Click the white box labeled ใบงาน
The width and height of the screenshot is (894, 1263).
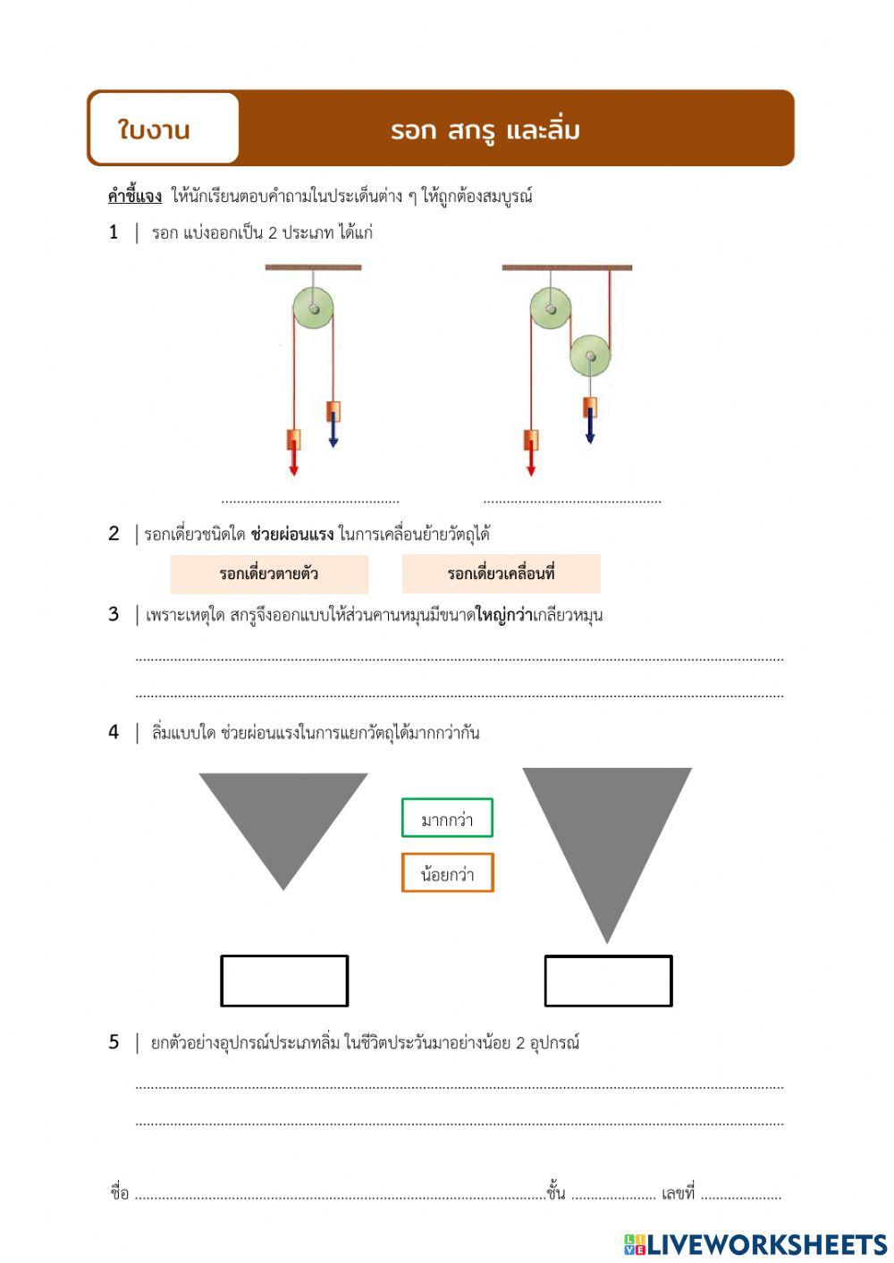pyautogui.click(x=164, y=129)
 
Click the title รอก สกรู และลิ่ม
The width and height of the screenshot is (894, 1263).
pyautogui.click(x=485, y=131)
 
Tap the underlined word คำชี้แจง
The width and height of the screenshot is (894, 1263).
pyautogui.click(x=134, y=196)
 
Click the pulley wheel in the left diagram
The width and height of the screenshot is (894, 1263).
pyautogui.click(x=314, y=309)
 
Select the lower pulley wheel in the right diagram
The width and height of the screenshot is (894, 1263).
pyautogui.click(x=590, y=356)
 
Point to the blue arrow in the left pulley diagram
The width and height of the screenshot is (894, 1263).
pyautogui.click(x=333, y=429)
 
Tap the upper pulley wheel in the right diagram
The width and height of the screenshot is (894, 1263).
pyautogui.click(x=550, y=309)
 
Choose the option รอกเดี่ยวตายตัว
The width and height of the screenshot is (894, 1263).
pyautogui.click(x=269, y=574)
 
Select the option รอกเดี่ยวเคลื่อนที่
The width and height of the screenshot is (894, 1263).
pyautogui.click(x=501, y=574)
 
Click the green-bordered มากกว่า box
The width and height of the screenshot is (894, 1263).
pyautogui.click(x=447, y=818)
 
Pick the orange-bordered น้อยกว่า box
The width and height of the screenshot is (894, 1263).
pyautogui.click(x=447, y=873)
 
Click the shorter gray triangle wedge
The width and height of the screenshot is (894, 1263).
pyautogui.click(x=283, y=818)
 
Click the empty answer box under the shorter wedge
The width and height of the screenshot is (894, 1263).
pyautogui.click(x=284, y=981)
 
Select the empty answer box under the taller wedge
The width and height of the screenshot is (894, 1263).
pyautogui.click(x=608, y=981)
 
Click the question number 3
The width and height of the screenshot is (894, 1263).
pyautogui.click(x=114, y=614)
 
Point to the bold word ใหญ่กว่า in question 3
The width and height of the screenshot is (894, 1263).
pyautogui.click(x=503, y=615)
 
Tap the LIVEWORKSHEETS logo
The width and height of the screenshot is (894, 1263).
pyautogui.click(x=755, y=1244)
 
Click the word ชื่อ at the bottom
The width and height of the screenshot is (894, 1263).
pyautogui.click(x=120, y=1193)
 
